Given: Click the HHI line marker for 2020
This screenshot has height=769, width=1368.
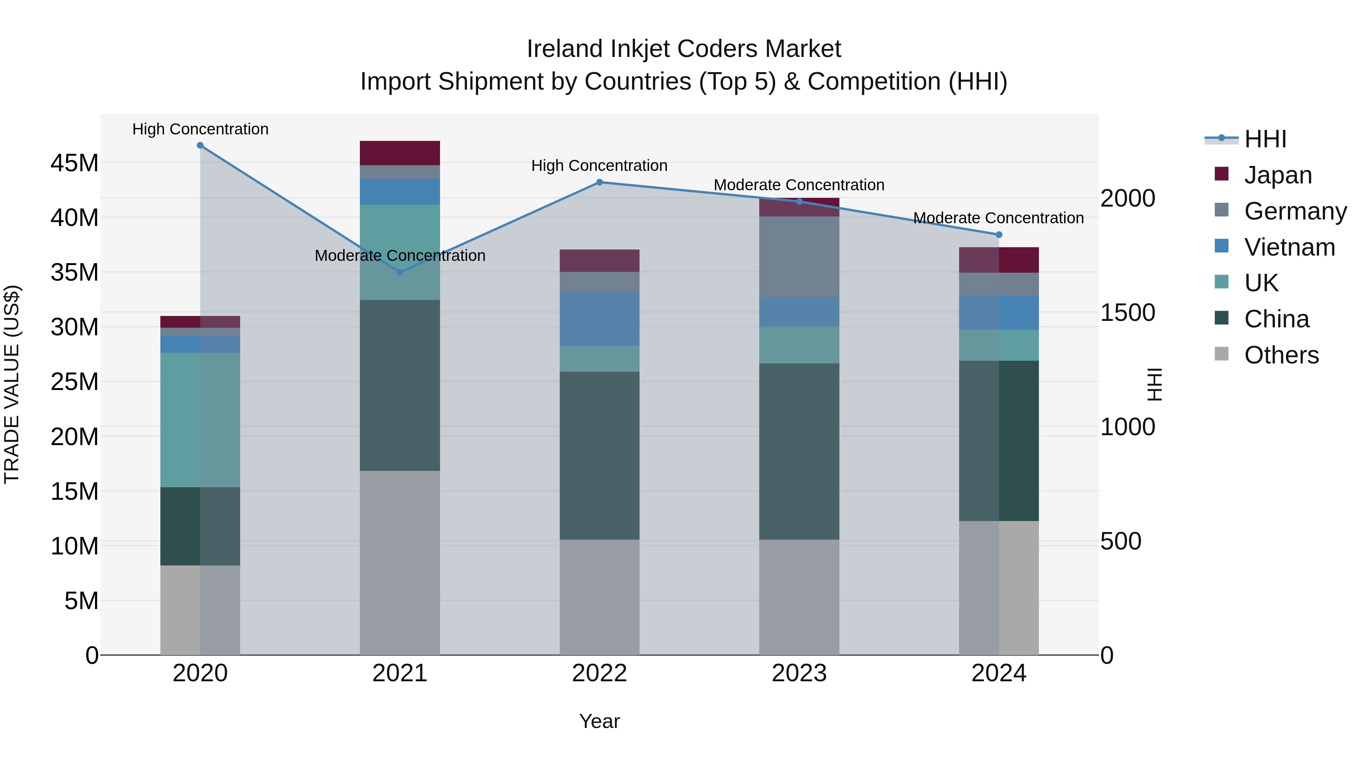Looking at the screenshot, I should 200,145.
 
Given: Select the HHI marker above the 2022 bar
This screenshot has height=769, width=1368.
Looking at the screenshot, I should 600,182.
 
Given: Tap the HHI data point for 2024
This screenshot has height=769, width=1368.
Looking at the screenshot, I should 999,235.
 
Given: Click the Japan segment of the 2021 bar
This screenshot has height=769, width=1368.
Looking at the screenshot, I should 400,153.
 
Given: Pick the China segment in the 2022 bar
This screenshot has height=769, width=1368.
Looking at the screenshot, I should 600,455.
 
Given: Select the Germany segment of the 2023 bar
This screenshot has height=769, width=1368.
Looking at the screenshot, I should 799,256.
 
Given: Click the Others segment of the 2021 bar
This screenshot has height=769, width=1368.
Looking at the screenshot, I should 400,562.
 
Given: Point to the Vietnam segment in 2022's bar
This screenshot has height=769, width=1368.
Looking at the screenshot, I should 600,319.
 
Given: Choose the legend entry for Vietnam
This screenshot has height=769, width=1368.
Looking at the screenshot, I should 1289,247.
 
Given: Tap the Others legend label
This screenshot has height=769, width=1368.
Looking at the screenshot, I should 1281,355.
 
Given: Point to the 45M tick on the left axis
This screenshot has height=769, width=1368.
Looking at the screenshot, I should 74,163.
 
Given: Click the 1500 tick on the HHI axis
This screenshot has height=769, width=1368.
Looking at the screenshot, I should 1127,313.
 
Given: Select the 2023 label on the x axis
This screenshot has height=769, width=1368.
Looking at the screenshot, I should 799,673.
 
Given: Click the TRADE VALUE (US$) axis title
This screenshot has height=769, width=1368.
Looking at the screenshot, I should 12,384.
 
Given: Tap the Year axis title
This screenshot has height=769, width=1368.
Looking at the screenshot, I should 600,721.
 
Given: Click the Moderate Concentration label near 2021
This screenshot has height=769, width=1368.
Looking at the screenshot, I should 400,256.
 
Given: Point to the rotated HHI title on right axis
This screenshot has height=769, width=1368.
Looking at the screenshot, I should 1154,384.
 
